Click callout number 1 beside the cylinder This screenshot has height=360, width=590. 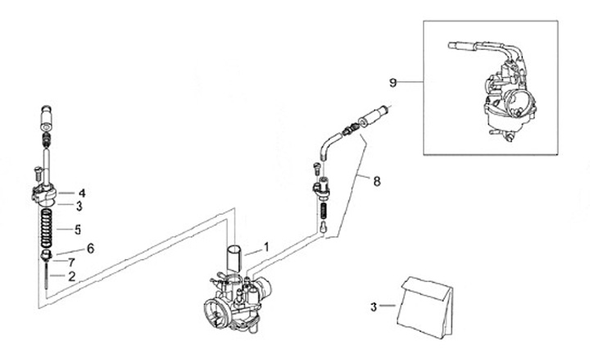tap(266, 248)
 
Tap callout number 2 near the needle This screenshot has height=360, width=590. tap(72, 276)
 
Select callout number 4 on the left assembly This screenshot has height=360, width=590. tap(82, 194)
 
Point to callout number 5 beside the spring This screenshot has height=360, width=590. tap(78, 230)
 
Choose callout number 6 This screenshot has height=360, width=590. tap(90, 248)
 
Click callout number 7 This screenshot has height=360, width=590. tap(71, 262)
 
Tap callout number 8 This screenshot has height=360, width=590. tap(377, 181)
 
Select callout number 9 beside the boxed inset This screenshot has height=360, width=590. tap(393, 83)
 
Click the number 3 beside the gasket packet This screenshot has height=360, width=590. tap(374, 307)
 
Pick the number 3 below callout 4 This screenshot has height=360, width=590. tap(79, 206)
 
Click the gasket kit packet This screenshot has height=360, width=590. tap(425, 306)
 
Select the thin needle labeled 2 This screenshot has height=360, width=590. tap(46, 276)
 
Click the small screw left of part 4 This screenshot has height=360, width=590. tap(37, 173)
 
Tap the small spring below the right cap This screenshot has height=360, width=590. tap(323, 211)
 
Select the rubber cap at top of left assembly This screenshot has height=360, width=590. tap(46, 117)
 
